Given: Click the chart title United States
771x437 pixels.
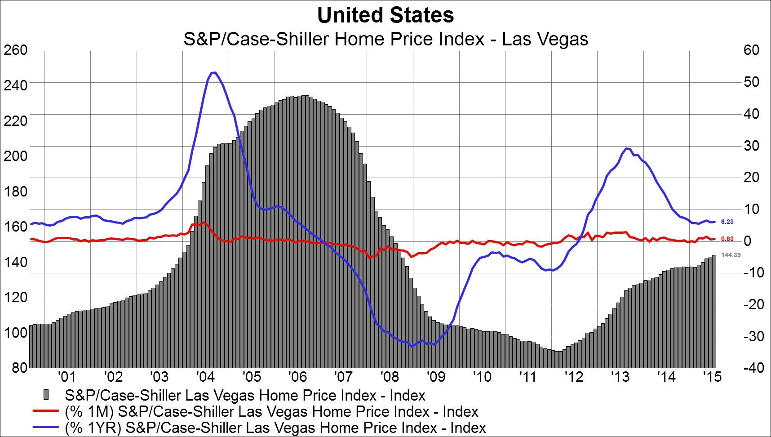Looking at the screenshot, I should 385,16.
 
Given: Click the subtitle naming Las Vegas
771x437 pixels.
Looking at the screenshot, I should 385,39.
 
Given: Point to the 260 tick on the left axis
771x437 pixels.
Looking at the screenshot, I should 15,50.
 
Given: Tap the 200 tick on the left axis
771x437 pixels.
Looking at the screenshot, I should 15,156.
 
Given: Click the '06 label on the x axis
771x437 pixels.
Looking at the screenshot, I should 297,376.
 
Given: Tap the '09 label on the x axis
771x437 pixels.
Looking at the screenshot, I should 435,376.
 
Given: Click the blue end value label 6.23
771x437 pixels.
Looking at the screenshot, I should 727,222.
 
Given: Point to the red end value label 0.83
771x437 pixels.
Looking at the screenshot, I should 727,239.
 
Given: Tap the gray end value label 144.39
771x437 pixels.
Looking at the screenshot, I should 731,255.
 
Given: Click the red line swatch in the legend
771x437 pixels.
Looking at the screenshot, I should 45,411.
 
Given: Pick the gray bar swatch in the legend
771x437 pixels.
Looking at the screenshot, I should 45,395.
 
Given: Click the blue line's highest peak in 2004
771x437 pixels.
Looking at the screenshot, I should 214,72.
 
